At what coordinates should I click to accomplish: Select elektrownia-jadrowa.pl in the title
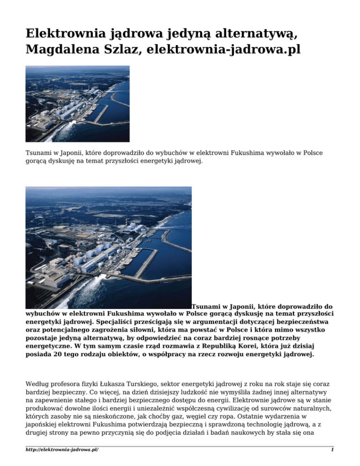[223, 49]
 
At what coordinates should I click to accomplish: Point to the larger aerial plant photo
[108, 248]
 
